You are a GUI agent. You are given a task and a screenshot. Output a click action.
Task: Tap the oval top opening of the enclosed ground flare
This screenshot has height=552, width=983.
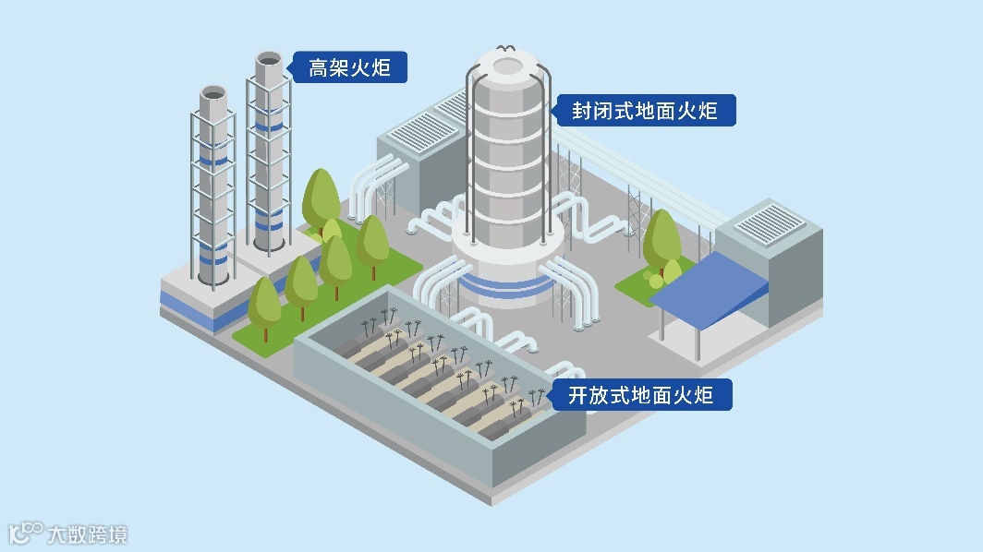[508, 66]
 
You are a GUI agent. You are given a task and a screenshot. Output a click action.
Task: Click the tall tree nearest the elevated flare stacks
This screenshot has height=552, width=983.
[321, 196]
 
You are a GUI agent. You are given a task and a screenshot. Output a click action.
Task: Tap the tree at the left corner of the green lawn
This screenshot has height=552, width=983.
[265, 303]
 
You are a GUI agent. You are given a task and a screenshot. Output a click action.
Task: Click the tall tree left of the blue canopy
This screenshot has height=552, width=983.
[661, 235]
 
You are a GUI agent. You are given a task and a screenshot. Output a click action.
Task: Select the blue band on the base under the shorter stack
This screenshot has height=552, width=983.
[194, 305]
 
